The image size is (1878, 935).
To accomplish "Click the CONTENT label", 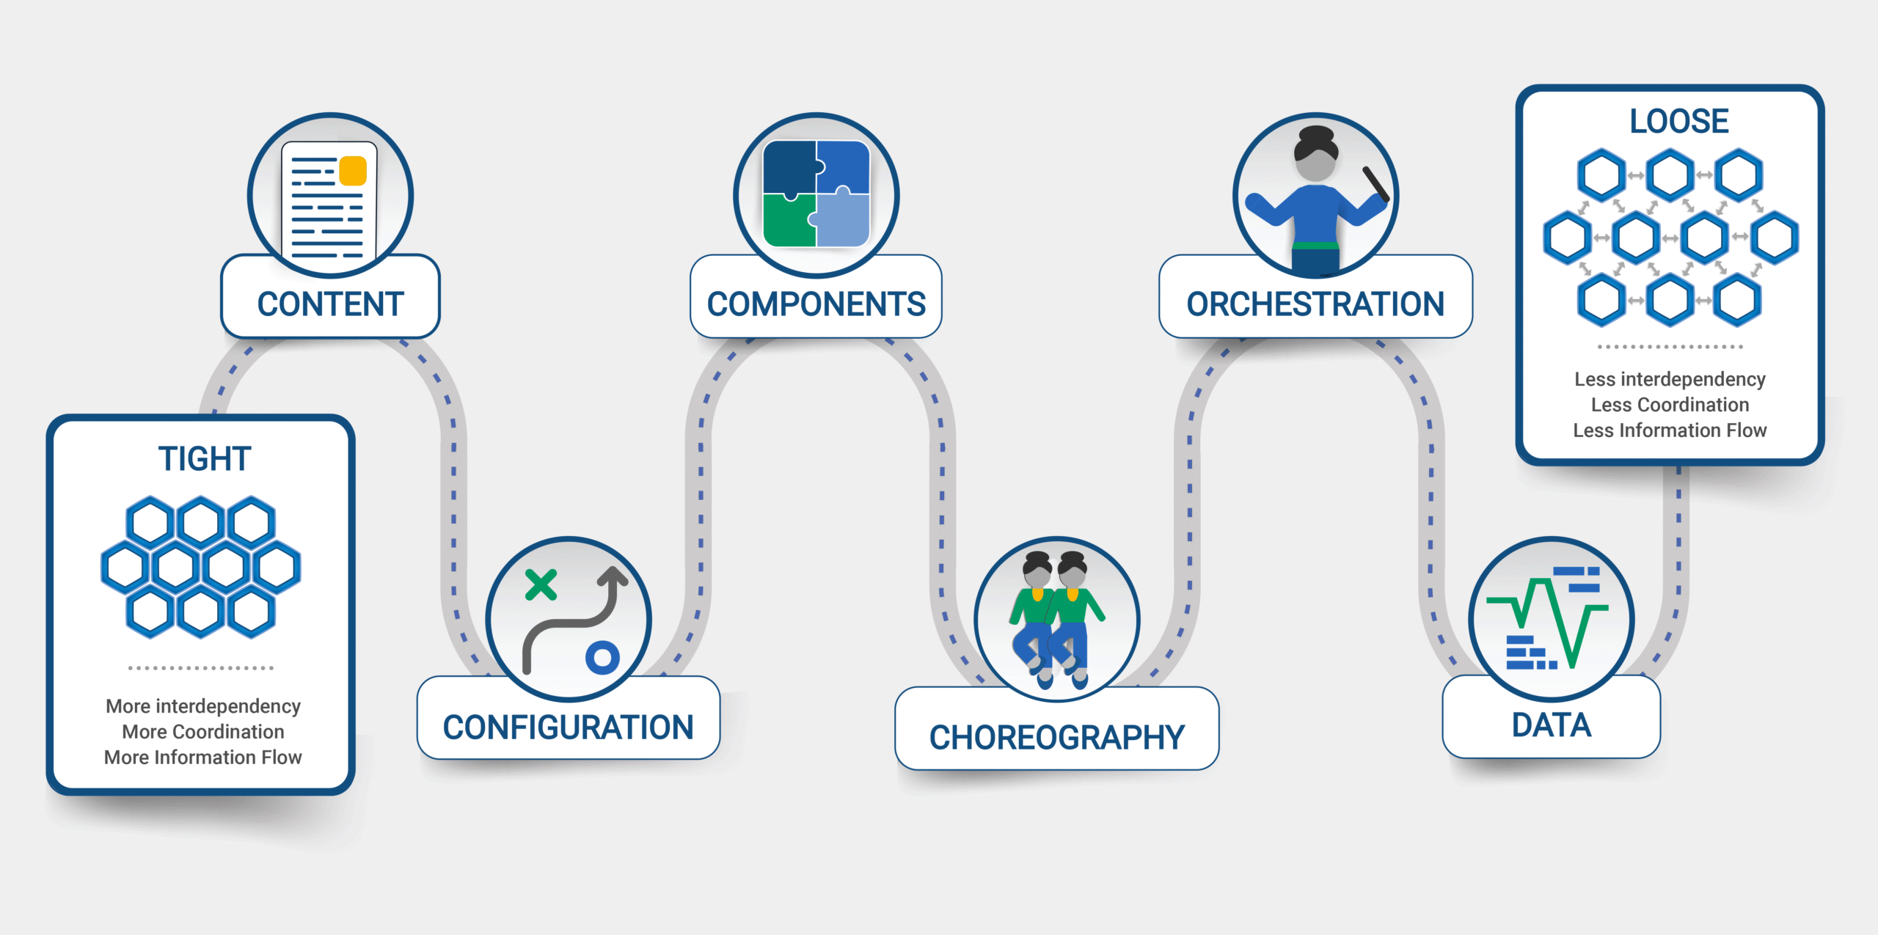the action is [330, 304].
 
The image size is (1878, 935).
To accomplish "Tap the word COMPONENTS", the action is [816, 304].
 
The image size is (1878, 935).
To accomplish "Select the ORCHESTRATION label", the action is [1315, 304].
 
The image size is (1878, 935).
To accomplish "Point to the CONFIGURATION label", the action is [568, 727].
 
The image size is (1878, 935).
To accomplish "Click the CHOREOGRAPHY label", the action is [1056, 738].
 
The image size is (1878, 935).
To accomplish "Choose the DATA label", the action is [1551, 725].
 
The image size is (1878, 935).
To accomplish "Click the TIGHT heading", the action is [205, 458].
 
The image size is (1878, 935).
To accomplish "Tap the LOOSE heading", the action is [1679, 121].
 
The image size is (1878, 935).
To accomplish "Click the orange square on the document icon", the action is [353, 171].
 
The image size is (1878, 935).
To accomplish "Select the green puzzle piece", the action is [789, 220].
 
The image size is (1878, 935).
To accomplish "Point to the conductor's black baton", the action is [1375, 184].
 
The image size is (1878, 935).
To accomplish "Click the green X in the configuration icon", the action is [541, 585].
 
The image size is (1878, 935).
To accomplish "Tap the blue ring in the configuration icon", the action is [602, 657].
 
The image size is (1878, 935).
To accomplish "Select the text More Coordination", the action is [203, 732].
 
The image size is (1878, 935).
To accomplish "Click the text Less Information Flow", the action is [1670, 430].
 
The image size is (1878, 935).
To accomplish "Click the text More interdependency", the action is [203, 706].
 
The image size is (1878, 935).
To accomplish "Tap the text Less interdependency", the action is [1670, 379].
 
